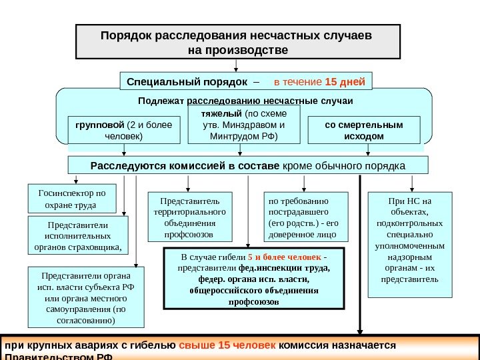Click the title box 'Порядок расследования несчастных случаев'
coord(238,41)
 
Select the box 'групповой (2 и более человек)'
coord(124,131)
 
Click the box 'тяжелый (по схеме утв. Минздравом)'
coord(238,125)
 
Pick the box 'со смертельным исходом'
coord(364,131)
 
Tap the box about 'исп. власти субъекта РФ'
coord(86,297)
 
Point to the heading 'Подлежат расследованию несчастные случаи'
coord(245,101)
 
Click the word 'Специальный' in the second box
coord(159,82)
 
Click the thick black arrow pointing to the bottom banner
coord(361,253)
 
